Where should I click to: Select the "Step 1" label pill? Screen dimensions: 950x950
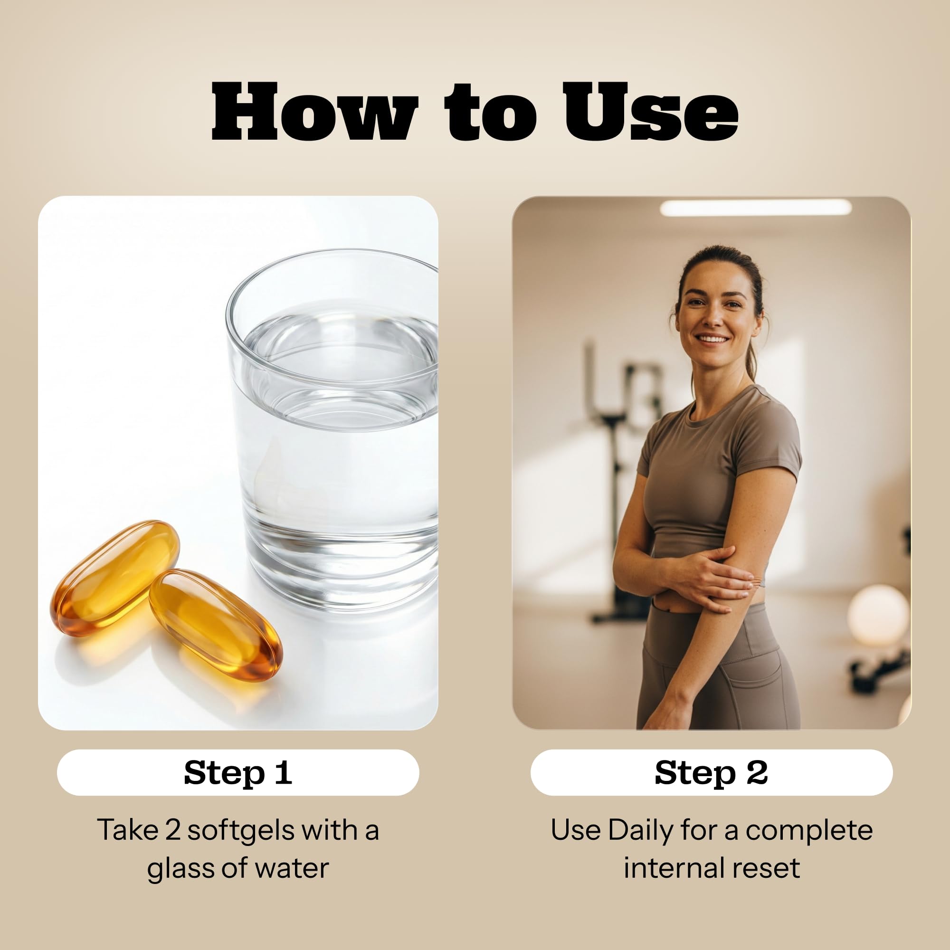(x=238, y=772)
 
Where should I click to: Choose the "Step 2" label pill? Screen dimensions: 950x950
(x=712, y=772)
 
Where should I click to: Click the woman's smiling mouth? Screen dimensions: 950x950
(x=712, y=339)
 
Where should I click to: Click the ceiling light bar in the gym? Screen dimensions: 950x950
(x=755, y=208)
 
